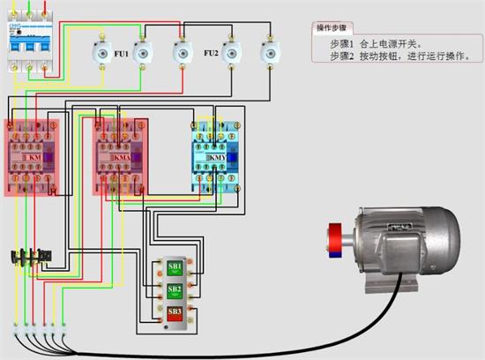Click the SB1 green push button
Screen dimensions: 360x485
tap(175, 266)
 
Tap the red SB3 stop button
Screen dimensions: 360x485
tap(175, 312)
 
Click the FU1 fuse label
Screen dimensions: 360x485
tap(121, 55)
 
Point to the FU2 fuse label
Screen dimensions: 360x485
tap(211, 54)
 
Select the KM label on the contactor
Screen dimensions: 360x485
tap(33, 157)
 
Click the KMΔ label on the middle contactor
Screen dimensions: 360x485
tap(121, 157)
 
